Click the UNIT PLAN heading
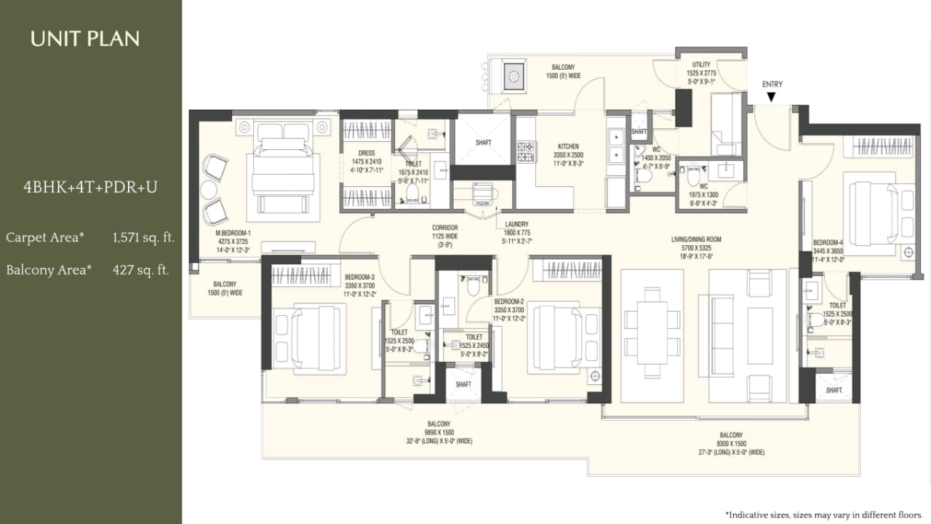pyautogui.click(x=84, y=39)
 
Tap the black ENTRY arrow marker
pyautogui.click(x=772, y=96)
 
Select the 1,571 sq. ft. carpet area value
pyautogui.click(x=144, y=237)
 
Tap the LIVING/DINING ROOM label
pyautogui.click(x=695, y=239)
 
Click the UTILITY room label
pyautogui.click(x=701, y=65)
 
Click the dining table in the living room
pyautogui.click(x=652, y=335)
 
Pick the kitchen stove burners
pyautogui.click(x=525, y=151)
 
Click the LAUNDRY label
pyautogui.click(x=517, y=225)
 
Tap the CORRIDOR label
pyautogui.click(x=444, y=228)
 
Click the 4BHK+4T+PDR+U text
pyautogui.click(x=90, y=187)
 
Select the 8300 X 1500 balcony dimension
pyautogui.click(x=731, y=443)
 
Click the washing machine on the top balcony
pyautogui.click(x=514, y=75)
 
